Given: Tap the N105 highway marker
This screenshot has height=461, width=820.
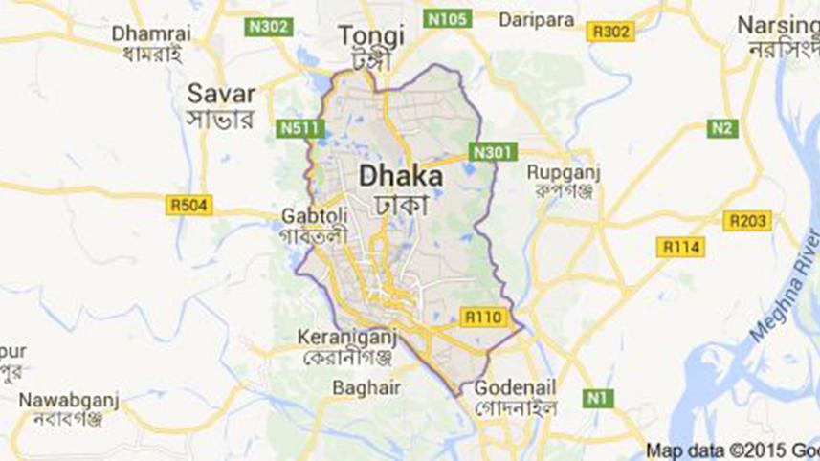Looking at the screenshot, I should pyautogui.click(x=446, y=18).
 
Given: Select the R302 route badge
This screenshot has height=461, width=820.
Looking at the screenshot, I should pyautogui.click(x=610, y=33).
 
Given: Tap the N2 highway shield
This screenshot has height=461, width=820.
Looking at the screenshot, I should pyautogui.click(x=722, y=128).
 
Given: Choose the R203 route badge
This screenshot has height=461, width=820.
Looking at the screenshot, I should pyautogui.click(x=746, y=222).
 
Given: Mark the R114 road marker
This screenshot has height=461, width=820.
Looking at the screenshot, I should pyautogui.click(x=681, y=248).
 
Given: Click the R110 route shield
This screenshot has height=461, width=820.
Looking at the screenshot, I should pyautogui.click(x=480, y=317).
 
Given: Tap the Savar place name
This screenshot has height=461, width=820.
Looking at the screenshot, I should pyautogui.click(x=221, y=94).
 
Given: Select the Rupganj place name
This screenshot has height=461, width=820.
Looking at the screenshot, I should pyautogui.click(x=561, y=172).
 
